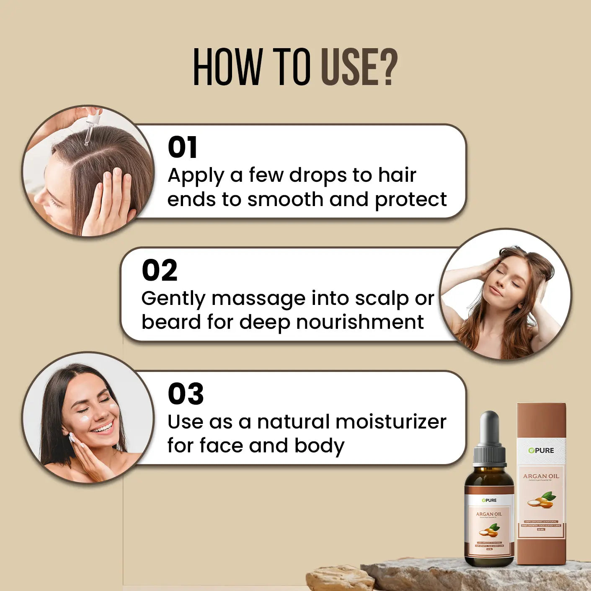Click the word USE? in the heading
tap(359, 67)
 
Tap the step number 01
tap(182, 147)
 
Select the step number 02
tap(160, 271)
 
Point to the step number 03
tap(186, 394)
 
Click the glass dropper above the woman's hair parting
tap(92, 126)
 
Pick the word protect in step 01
tap(411, 200)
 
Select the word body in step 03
tap(319, 446)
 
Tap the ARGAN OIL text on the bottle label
tap(489, 514)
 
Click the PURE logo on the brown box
tap(541, 450)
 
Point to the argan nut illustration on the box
tap(541, 500)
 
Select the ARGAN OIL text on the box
tap(541, 476)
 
